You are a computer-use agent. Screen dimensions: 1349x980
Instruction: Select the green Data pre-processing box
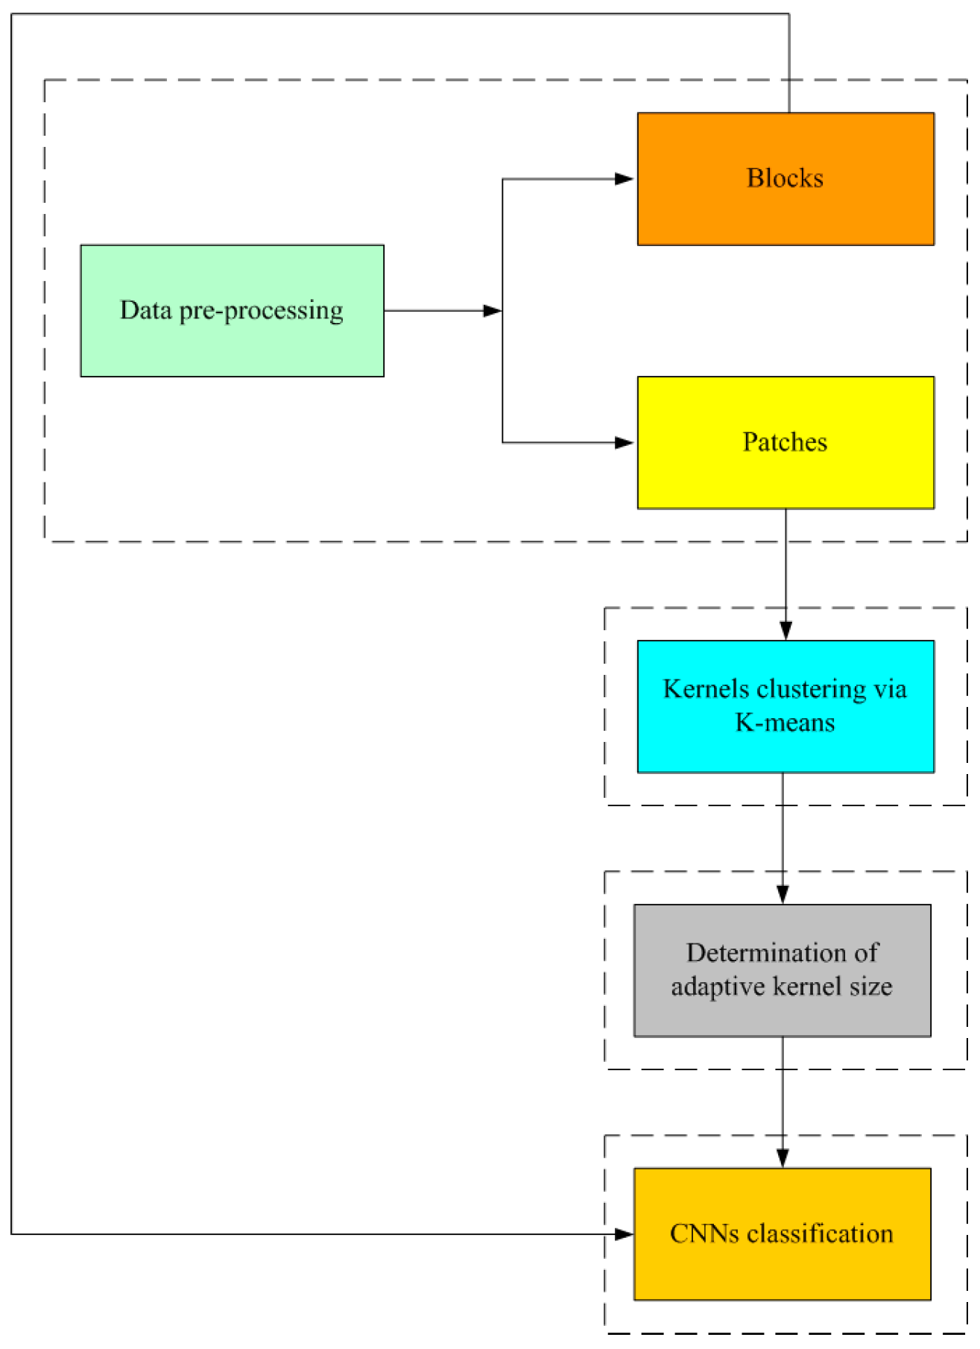tap(232, 343)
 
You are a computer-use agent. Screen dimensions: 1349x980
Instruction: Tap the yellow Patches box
tap(785, 477)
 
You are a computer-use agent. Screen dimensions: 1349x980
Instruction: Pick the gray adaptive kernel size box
tap(782, 1014)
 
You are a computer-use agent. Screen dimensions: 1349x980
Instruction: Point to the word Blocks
tap(785, 178)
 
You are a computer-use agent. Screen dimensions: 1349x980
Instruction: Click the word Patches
tap(785, 442)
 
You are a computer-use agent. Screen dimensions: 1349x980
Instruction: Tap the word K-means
tap(785, 723)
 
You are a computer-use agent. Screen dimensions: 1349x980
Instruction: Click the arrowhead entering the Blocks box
tap(624, 179)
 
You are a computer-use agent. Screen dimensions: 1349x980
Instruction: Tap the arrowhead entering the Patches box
tap(624, 443)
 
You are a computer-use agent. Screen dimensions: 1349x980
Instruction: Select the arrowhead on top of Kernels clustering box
tap(785, 630)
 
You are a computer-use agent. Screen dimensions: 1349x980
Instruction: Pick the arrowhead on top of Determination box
tap(783, 893)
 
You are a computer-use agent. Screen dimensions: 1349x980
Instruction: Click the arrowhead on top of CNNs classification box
tap(783, 1157)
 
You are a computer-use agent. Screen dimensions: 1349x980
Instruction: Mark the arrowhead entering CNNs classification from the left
tap(624, 1234)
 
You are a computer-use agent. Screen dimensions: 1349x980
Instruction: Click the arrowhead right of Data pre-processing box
tap(492, 311)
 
